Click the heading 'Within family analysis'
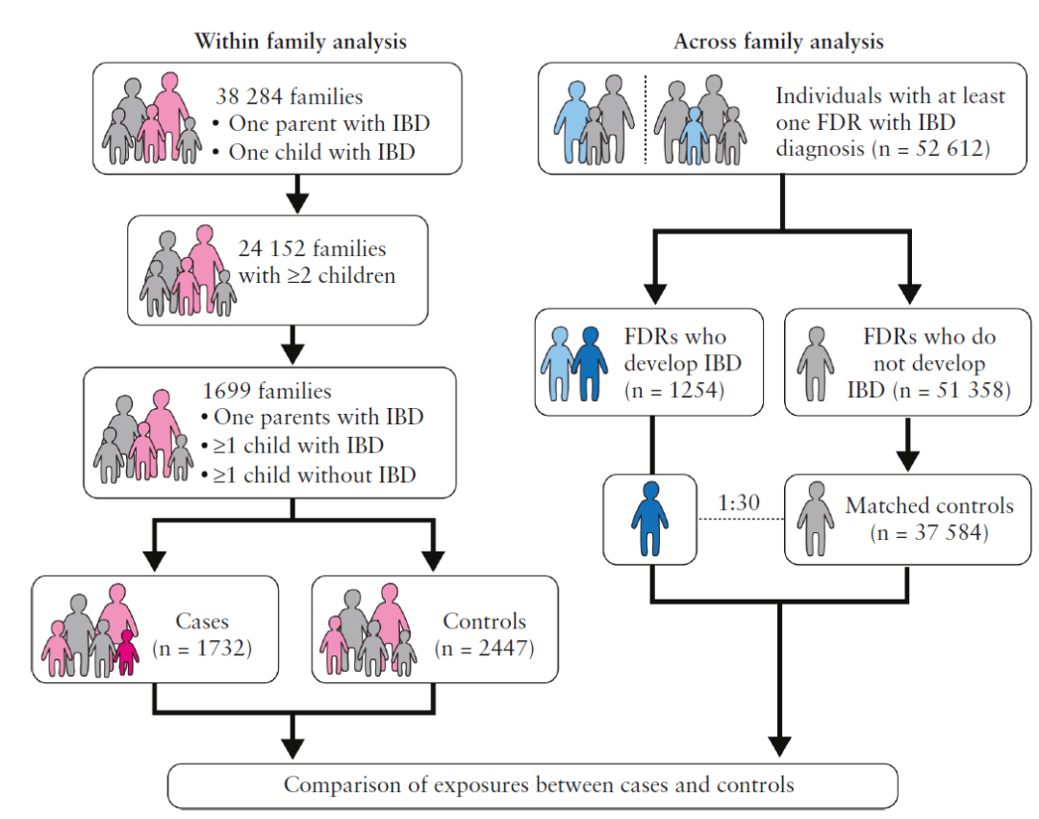coord(300,41)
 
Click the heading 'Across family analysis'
coord(778,41)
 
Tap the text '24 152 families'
coord(312,248)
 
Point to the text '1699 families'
coord(266,391)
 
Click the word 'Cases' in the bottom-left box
coord(202,621)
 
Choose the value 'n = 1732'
coord(202,648)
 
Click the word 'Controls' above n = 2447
coord(484,621)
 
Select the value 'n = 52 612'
coord(933,148)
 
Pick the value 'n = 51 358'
coord(951,391)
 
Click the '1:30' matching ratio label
coord(739,503)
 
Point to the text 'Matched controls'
coord(929,505)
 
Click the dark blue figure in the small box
coord(650,518)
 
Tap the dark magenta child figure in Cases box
coord(126,653)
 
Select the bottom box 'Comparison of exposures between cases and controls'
coord(533,786)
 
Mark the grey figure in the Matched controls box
coord(816,518)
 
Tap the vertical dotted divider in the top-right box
coord(646,119)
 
